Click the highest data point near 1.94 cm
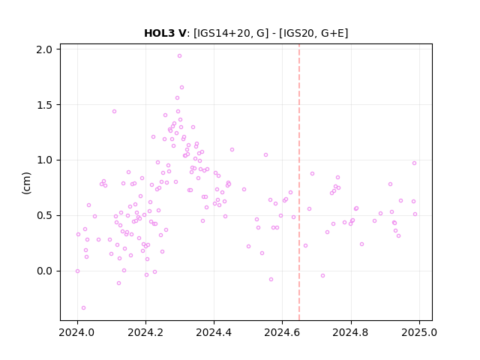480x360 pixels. coord(180,56)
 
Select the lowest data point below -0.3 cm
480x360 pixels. coord(83,308)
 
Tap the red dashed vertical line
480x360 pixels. coord(299,182)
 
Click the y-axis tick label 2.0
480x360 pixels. coord(44,49)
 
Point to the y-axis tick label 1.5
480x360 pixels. coord(44,105)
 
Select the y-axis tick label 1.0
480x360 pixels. coord(44,160)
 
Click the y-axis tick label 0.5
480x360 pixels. coord(44,215)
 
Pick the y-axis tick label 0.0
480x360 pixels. coord(44,271)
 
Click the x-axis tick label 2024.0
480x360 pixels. coord(77,332)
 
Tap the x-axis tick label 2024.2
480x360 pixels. coord(145,332)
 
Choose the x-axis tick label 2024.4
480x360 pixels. coord(214,332)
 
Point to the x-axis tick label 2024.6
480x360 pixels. coord(282,332)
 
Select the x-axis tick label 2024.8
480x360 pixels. coord(351,332)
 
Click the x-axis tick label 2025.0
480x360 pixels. coord(419,332)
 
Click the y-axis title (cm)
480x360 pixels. coord(27,183)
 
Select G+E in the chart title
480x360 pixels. coord(332,33)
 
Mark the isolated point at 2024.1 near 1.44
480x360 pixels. coord(114,112)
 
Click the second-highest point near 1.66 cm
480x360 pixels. coord(181,88)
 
